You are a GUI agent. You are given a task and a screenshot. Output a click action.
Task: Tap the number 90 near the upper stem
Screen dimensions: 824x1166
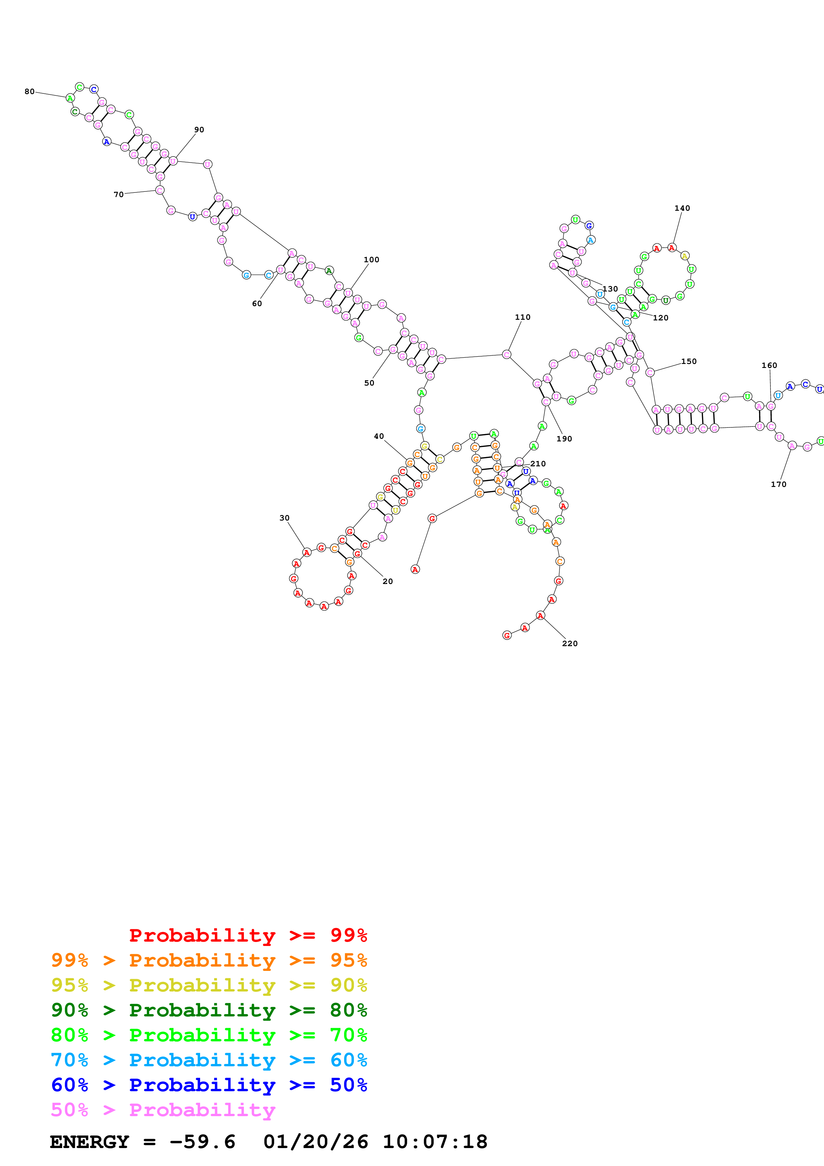tap(199, 130)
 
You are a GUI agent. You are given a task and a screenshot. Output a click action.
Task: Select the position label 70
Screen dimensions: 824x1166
tap(118, 194)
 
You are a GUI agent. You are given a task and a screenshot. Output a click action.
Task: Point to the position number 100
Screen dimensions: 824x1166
tap(371, 260)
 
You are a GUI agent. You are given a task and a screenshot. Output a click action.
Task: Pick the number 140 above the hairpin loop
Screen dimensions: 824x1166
tap(682, 208)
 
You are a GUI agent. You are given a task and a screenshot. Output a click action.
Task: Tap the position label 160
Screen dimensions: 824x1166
tap(769, 366)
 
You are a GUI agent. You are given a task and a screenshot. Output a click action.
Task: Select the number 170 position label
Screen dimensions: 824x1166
tap(778, 485)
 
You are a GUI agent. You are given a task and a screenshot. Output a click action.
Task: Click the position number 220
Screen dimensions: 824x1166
tap(570, 644)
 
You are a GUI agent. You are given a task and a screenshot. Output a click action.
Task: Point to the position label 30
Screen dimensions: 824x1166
tap(284, 518)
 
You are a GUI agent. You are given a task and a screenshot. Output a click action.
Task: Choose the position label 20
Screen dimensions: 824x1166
tap(387, 581)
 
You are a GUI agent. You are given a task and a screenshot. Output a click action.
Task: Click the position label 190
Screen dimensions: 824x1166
tap(564, 439)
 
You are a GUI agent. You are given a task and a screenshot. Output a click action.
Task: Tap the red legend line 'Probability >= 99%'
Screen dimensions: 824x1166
tap(248, 935)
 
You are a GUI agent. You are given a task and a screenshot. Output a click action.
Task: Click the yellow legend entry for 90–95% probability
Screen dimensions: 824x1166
tap(209, 985)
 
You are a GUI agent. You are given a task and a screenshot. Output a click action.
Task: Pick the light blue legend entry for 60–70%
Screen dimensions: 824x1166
tap(209, 1060)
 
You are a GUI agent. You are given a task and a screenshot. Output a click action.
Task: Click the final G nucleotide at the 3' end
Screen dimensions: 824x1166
tap(507, 635)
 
